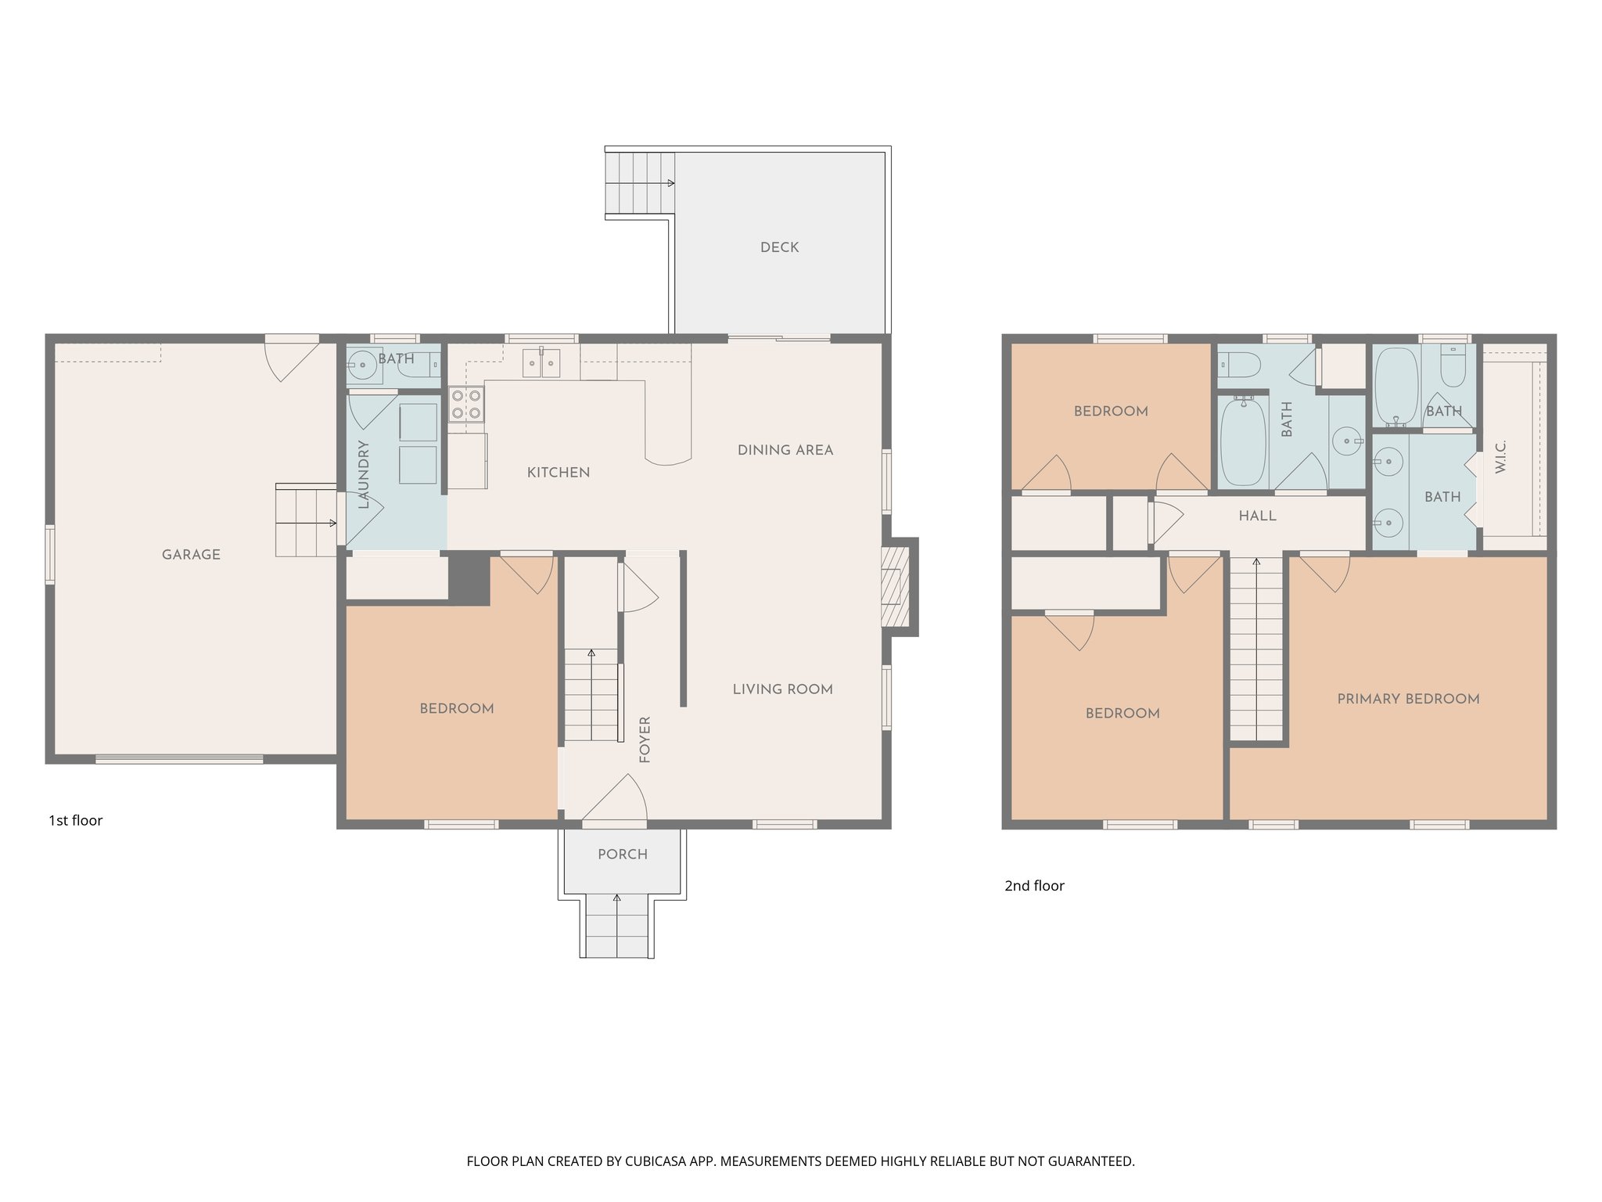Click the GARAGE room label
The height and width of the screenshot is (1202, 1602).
click(x=191, y=555)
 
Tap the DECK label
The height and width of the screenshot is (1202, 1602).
click(x=779, y=247)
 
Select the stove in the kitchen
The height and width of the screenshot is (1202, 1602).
click(x=465, y=404)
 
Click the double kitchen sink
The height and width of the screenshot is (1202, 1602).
click(x=542, y=363)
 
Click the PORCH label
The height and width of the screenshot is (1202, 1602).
click(x=623, y=855)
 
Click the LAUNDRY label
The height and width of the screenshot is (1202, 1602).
click(x=363, y=474)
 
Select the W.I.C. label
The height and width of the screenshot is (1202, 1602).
click(x=1500, y=456)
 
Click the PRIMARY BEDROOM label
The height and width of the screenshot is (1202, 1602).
click(x=1408, y=699)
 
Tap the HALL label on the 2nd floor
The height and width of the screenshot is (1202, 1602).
click(x=1257, y=516)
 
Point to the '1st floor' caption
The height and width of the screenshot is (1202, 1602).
click(x=76, y=820)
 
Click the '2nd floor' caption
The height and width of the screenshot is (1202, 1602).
click(x=1034, y=886)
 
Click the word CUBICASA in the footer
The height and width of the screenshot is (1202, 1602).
click(x=656, y=1161)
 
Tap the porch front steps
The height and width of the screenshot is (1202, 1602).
click(x=617, y=927)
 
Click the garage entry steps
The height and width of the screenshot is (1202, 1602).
click(x=306, y=520)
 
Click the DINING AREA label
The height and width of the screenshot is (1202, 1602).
click(x=785, y=450)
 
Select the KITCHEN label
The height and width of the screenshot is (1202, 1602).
click(x=558, y=473)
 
